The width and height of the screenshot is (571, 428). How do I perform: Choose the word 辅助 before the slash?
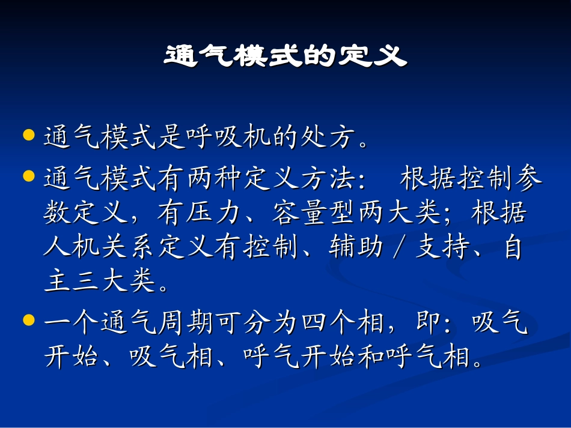[357, 247]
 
